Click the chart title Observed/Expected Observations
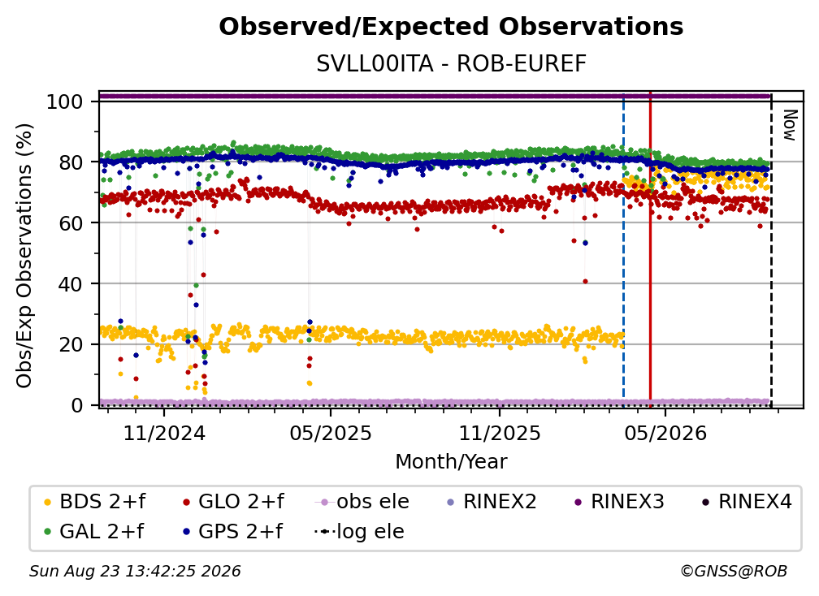[x=451, y=27]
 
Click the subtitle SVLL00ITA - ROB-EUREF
[x=451, y=63]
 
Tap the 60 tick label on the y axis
[x=70, y=222]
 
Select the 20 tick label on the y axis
[x=70, y=344]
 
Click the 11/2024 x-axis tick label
[x=164, y=433]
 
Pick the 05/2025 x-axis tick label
[x=331, y=433]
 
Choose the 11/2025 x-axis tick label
[x=500, y=433]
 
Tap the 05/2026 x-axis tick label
[x=665, y=433]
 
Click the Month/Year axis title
[x=451, y=462]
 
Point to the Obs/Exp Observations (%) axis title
[x=24, y=256]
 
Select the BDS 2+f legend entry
[x=95, y=502]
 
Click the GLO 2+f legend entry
[x=233, y=502]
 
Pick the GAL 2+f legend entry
[x=94, y=532]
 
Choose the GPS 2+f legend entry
[x=232, y=532]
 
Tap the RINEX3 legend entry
[x=619, y=502]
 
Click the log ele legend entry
[x=359, y=532]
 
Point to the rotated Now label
[x=790, y=125]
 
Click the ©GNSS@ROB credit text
[x=734, y=572]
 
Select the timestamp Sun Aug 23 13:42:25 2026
[x=135, y=572]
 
